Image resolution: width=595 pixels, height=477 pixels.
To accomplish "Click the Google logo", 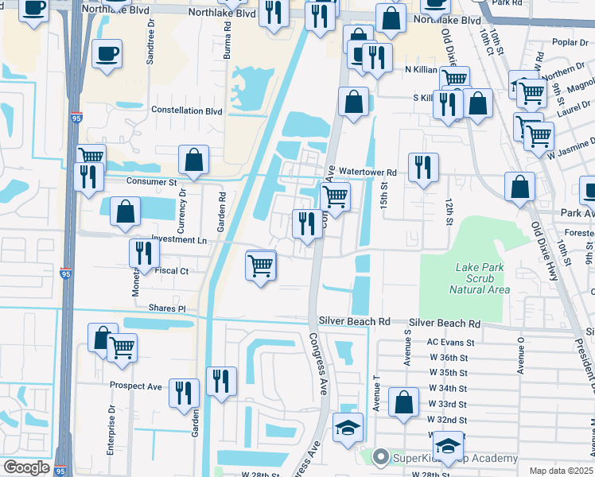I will click(26, 467).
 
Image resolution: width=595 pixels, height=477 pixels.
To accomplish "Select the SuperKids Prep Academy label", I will click(451, 458).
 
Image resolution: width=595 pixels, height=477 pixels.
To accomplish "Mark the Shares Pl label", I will click(170, 308).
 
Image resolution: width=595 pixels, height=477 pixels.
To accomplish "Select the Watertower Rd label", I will click(367, 172).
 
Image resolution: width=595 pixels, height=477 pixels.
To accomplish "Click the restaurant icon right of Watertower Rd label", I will click(422, 167).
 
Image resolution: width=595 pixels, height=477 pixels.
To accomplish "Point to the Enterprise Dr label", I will click(111, 422).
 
